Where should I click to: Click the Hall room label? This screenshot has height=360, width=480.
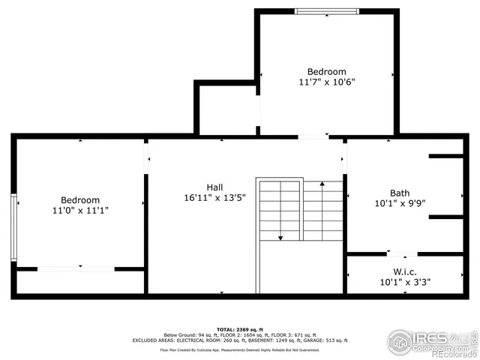[x=214, y=187]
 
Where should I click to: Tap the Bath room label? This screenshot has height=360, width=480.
[x=400, y=193]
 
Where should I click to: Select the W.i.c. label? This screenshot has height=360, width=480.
[x=405, y=271]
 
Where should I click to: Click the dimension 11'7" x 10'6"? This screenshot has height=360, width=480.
[x=327, y=82]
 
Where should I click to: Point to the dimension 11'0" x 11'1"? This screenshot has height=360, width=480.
[x=80, y=211]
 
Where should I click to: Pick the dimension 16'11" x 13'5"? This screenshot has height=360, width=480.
[x=214, y=199]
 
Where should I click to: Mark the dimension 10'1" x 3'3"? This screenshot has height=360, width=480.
[x=405, y=282]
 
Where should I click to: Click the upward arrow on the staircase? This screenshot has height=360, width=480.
[x=322, y=186]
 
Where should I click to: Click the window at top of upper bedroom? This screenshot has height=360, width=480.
[x=326, y=11]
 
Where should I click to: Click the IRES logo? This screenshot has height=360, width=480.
[x=424, y=339]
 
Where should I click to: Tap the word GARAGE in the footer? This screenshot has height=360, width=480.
[x=292, y=340]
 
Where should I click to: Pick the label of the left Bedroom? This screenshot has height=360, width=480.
[x=80, y=200]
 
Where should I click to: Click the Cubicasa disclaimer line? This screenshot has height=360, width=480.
[x=239, y=349]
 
